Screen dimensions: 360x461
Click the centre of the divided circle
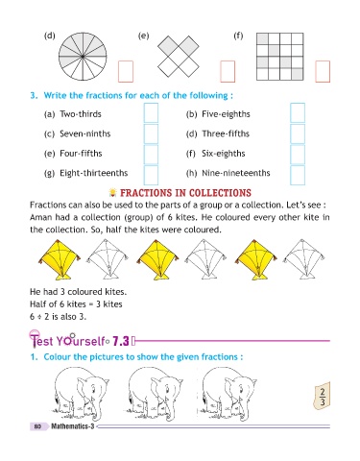[x=83, y=57]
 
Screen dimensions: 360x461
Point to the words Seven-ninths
[x=85, y=133]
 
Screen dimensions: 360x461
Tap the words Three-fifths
[x=226, y=133]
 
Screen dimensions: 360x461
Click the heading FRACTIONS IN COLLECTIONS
[x=185, y=193]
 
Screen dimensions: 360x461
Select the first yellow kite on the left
[x=60, y=259]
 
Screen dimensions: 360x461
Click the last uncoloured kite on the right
[x=303, y=258]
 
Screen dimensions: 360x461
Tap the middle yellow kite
[x=157, y=259]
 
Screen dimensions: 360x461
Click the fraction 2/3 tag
[x=322, y=396]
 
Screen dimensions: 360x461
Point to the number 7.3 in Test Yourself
[x=121, y=341]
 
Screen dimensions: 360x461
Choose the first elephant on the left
[x=81, y=394]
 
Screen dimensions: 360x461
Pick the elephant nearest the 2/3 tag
[x=228, y=394]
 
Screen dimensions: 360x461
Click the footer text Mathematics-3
[x=73, y=426]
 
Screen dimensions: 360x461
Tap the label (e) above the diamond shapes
[x=143, y=36]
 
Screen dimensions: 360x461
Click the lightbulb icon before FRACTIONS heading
[x=112, y=192]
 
